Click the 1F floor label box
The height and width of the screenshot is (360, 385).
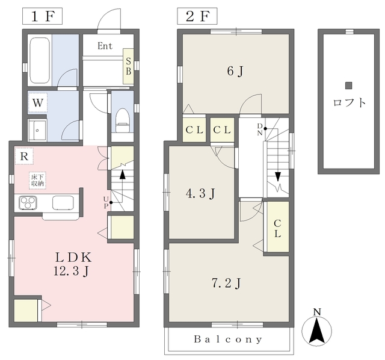[x=42, y=16]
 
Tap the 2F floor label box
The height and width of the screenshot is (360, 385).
[x=197, y=16]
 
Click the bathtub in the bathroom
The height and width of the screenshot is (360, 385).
[x=40, y=60]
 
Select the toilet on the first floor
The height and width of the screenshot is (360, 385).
[x=122, y=120]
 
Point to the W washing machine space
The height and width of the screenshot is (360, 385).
[x=37, y=103]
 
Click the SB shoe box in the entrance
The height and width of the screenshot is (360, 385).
[x=128, y=66]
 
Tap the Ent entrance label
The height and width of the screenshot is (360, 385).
[x=105, y=46]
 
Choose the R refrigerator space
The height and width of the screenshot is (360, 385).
[x=24, y=156]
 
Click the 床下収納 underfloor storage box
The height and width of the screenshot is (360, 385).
[x=37, y=181]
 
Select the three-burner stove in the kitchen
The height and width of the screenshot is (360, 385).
[x=28, y=203]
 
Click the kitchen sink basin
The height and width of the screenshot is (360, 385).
[x=63, y=203]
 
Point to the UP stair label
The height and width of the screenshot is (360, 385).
[x=106, y=202]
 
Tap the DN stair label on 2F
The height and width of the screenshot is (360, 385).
[x=260, y=130]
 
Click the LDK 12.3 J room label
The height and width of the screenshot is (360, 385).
[x=73, y=264]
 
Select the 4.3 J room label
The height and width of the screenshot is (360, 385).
[x=200, y=193]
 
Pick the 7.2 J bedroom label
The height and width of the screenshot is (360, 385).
[x=226, y=283]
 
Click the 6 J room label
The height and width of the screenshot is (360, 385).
[x=235, y=71]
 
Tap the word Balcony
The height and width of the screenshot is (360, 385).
[x=228, y=340]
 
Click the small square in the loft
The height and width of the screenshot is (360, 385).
[x=349, y=85]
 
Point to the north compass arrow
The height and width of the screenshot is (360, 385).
[x=317, y=331]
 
